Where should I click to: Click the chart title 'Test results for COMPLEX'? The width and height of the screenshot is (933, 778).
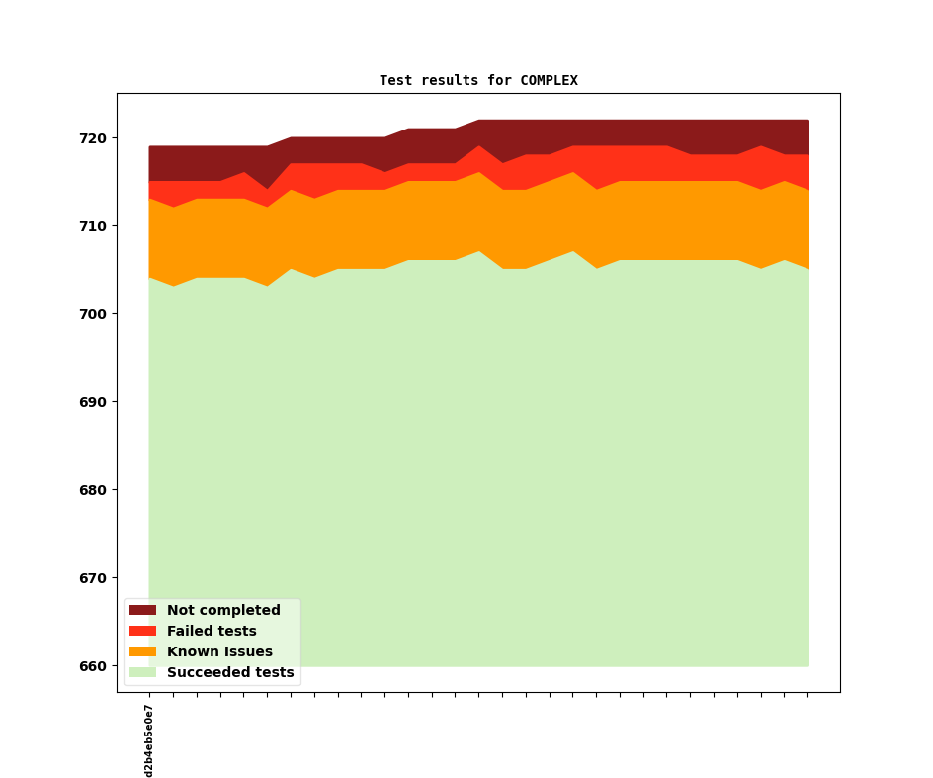[478, 81]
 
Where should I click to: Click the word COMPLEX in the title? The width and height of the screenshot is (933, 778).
[549, 81]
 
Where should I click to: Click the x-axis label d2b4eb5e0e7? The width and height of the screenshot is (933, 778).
[149, 740]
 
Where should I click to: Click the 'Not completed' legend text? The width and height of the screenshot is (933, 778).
[223, 611]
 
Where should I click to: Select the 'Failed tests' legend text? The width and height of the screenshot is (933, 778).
[212, 632]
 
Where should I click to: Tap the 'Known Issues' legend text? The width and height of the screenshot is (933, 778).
[219, 652]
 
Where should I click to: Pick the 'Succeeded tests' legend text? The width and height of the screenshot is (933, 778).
[230, 673]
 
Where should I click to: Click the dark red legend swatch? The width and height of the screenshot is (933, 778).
[142, 611]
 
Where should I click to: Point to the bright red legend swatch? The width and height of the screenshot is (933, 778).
[142, 632]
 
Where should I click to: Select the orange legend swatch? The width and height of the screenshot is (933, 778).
[142, 652]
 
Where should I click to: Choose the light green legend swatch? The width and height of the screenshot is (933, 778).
[142, 673]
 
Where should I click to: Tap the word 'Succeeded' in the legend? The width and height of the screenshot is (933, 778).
[204, 673]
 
